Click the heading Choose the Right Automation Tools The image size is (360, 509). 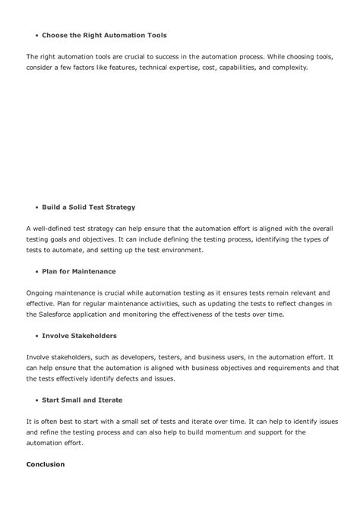[x=104, y=36]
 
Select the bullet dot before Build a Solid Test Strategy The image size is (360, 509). [x=36, y=207]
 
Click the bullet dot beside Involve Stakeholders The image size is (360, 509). [x=36, y=336]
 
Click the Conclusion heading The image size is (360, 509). [x=46, y=464]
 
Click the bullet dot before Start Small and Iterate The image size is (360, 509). [x=36, y=400]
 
